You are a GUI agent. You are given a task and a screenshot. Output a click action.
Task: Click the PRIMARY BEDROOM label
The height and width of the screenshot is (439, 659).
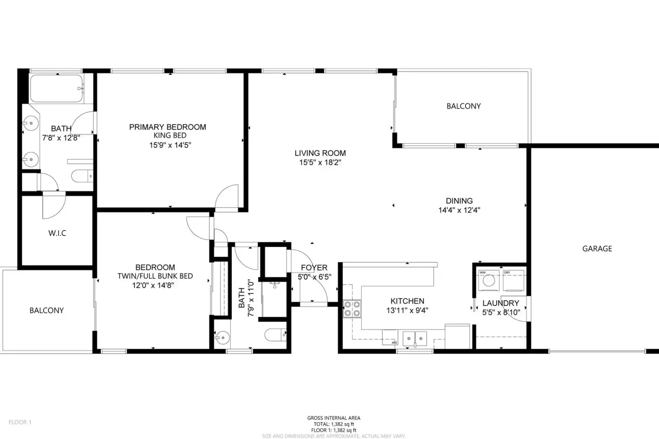tap(167, 127)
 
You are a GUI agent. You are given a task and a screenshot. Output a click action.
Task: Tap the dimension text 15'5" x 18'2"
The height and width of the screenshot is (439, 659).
tap(320, 162)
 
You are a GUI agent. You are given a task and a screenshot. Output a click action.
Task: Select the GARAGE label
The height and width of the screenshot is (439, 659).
tap(597, 248)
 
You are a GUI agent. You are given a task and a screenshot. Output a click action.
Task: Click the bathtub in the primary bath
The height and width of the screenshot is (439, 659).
tap(56, 89)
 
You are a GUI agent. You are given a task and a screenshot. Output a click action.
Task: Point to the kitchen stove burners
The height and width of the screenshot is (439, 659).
tap(352, 309)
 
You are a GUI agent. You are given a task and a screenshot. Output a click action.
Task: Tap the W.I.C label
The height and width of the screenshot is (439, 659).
tap(57, 233)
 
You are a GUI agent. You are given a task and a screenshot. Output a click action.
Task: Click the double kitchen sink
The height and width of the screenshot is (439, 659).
tap(415, 338)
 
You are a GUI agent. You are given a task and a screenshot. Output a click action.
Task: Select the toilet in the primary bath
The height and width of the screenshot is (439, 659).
tap(82, 176)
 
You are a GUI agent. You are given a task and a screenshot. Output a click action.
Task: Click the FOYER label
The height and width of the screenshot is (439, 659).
tap(314, 268)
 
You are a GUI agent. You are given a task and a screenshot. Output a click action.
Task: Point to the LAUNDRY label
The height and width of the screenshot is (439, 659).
tap(501, 303)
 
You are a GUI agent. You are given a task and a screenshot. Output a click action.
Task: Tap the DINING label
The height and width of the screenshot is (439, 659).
tap(459, 201)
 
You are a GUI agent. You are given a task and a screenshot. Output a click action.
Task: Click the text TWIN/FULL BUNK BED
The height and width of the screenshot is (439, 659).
tap(155, 276)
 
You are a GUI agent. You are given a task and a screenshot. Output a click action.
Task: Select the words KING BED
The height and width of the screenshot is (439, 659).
tap(170, 135)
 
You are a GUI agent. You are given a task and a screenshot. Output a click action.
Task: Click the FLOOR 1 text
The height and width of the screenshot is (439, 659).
tap(20, 422)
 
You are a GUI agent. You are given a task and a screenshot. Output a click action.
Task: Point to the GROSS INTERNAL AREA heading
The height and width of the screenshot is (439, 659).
tap(333, 418)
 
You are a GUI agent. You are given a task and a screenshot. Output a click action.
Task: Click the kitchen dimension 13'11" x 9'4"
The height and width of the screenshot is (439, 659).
tap(407, 311)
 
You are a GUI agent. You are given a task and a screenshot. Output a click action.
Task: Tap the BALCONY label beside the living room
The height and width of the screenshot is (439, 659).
tap(463, 106)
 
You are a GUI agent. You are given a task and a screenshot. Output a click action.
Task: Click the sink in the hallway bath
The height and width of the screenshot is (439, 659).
tap(222, 338)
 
